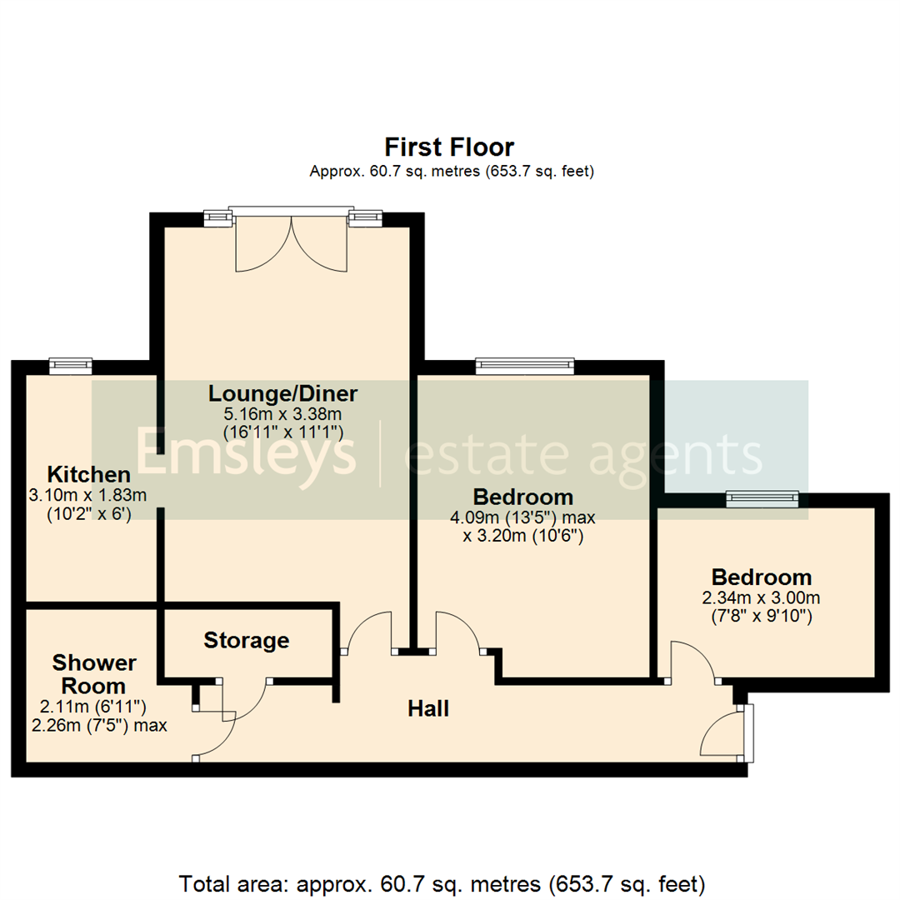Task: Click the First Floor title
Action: [451, 147]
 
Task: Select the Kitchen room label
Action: [88, 475]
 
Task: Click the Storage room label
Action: [247, 641]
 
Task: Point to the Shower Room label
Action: [94, 674]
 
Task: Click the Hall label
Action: [428, 709]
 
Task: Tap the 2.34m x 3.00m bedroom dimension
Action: [761, 598]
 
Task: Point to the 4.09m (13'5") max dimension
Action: [522, 517]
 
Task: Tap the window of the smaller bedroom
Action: [762, 497]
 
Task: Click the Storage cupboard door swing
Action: [250, 700]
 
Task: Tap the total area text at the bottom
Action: [442, 882]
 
